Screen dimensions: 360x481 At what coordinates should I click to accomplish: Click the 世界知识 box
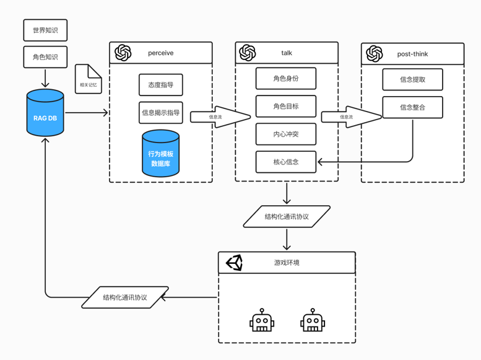[45, 30]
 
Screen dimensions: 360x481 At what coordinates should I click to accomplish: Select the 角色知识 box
[45, 57]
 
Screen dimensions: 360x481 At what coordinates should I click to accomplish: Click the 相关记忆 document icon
[88, 79]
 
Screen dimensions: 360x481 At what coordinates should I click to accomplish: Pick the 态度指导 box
[161, 85]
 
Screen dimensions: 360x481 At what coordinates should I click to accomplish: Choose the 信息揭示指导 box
[161, 113]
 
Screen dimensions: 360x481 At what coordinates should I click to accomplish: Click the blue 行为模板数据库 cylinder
[161, 153]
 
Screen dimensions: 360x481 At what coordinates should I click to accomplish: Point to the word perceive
[161, 53]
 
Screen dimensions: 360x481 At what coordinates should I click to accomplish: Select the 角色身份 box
[286, 79]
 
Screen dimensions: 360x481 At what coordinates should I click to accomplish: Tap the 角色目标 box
[286, 107]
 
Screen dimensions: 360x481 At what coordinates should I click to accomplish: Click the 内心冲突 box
[286, 134]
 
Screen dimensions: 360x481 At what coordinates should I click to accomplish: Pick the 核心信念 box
[286, 162]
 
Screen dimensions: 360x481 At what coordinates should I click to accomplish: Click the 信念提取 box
[412, 79]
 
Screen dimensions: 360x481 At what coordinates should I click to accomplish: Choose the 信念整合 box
[412, 107]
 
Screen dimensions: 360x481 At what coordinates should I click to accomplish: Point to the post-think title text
[412, 54]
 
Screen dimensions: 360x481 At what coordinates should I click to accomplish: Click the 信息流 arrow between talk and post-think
[349, 116]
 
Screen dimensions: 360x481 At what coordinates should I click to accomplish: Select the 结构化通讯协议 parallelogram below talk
[287, 217]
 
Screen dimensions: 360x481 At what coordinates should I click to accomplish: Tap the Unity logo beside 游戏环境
[234, 263]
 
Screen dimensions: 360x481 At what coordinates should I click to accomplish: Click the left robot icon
[261, 320]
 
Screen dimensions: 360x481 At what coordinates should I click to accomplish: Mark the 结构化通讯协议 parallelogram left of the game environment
[125, 297]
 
